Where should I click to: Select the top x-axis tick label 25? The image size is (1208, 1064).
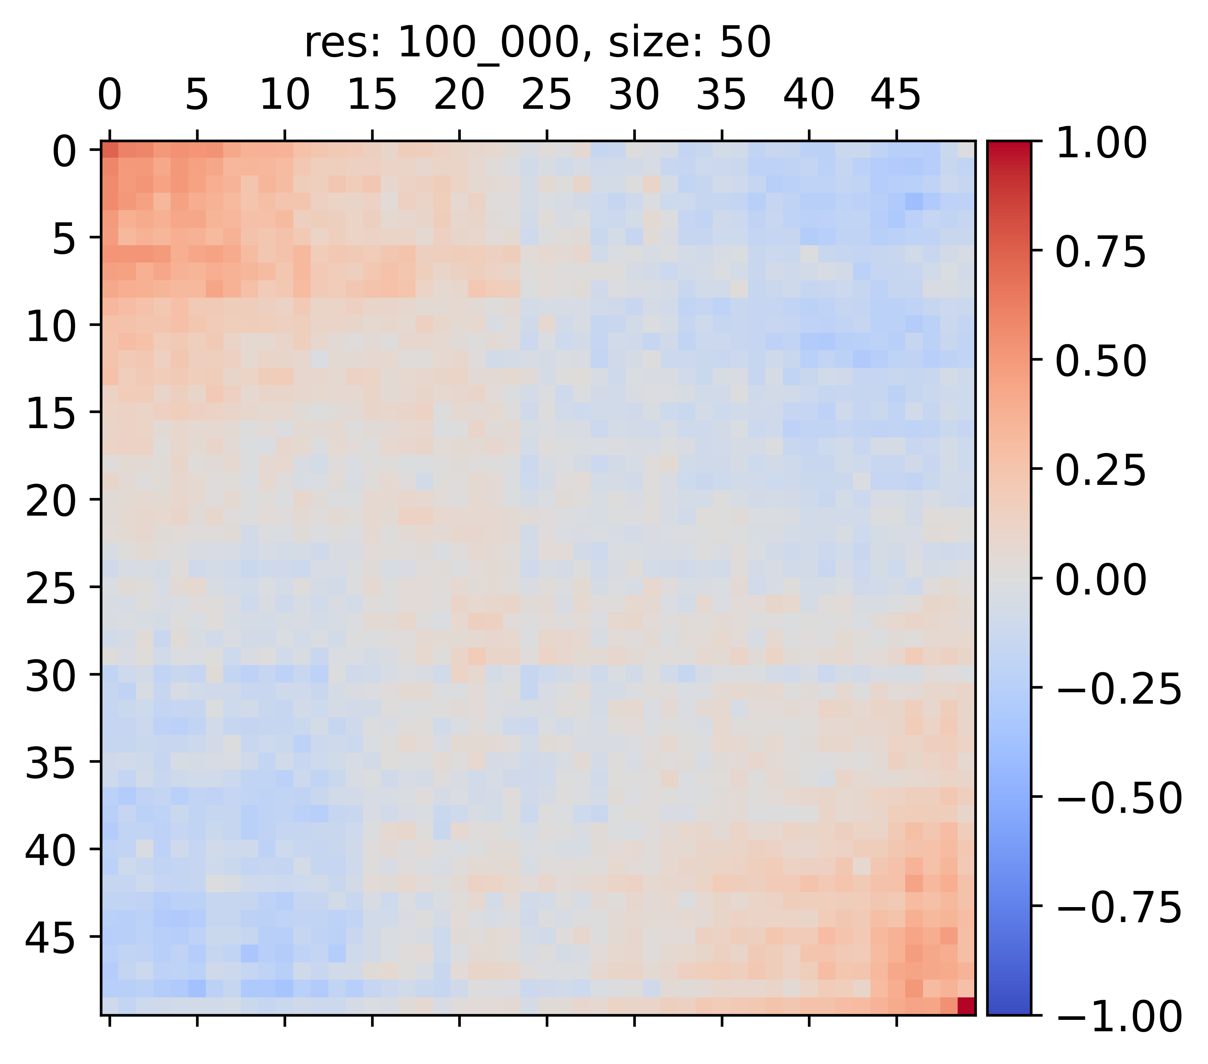547,95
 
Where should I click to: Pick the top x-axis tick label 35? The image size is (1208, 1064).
721,95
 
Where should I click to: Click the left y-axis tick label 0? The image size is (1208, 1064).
64,151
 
